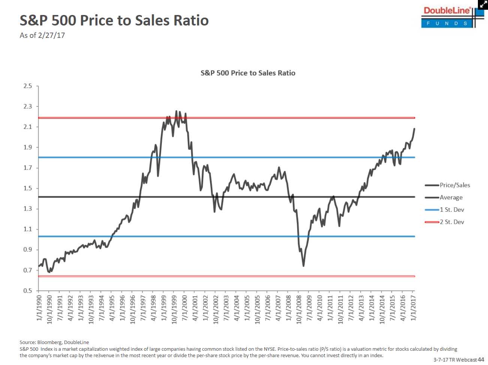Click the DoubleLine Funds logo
(x=448, y=16)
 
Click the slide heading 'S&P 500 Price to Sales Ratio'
(x=114, y=20)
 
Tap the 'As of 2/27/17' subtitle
(x=42, y=35)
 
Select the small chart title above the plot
(x=248, y=73)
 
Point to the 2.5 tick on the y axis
(x=28, y=86)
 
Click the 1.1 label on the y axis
(x=28, y=229)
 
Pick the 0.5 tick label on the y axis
(x=28, y=290)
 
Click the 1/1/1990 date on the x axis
(x=39, y=308)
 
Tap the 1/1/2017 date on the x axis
(x=413, y=308)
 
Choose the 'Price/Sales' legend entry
(x=454, y=185)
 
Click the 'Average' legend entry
(x=451, y=197)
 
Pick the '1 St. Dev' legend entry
(x=452, y=209)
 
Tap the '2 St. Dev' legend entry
(x=452, y=222)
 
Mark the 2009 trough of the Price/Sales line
(x=303, y=266)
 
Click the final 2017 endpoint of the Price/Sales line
(x=414, y=129)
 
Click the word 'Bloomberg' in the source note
(x=50, y=342)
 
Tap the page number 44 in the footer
(x=481, y=359)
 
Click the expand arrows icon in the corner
(x=483, y=4)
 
